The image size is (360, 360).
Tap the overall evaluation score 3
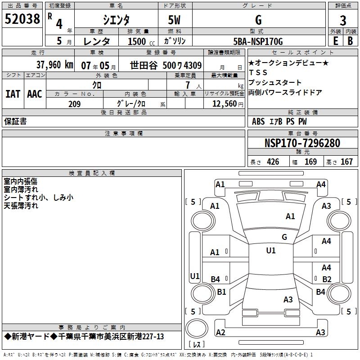click(343, 21)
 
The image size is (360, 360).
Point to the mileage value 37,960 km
click(54, 64)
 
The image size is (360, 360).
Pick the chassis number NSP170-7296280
click(302, 143)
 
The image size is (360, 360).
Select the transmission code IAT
click(13, 94)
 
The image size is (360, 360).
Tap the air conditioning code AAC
click(34, 94)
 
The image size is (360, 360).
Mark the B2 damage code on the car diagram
click(327, 279)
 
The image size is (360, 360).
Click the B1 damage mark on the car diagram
click(221, 292)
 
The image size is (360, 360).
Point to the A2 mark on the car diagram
click(220, 333)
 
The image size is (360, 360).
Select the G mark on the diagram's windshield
click(284, 237)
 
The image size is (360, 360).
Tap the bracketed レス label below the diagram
click(196, 345)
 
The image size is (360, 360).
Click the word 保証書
click(15, 121)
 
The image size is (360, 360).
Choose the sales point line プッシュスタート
click(275, 83)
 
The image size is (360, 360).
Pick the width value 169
click(310, 162)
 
